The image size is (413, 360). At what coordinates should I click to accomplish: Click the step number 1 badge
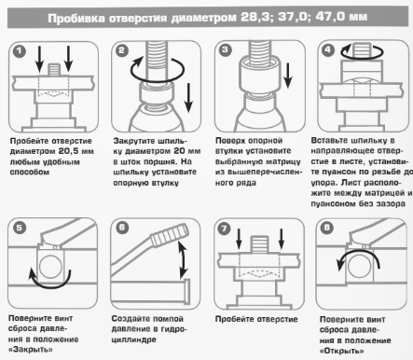tap(20, 51)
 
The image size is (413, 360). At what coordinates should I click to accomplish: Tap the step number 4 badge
tap(328, 50)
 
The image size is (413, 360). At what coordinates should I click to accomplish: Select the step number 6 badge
tap(122, 228)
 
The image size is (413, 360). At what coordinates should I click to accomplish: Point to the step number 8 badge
tap(326, 228)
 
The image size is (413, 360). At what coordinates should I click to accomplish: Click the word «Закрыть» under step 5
tap(31, 350)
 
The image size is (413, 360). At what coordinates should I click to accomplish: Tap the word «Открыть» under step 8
tap(342, 351)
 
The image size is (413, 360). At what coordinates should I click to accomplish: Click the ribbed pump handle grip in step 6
tap(170, 235)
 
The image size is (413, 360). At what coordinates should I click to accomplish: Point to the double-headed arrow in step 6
tap(183, 259)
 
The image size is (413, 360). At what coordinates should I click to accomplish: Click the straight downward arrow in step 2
tap(188, 98)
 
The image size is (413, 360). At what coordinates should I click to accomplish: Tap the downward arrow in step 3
tap(288, 76)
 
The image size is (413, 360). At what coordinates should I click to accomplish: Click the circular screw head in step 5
tap(50, 266)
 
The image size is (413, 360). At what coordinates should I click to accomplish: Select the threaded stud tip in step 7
tap(260, 243)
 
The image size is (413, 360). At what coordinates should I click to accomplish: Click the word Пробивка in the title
tap(76, 19)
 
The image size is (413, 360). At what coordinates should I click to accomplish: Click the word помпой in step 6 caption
tap(168, 319)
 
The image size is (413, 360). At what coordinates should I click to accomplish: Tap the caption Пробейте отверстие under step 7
tap(256, 319)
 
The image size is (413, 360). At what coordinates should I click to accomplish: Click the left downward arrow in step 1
tap(39, 59)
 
